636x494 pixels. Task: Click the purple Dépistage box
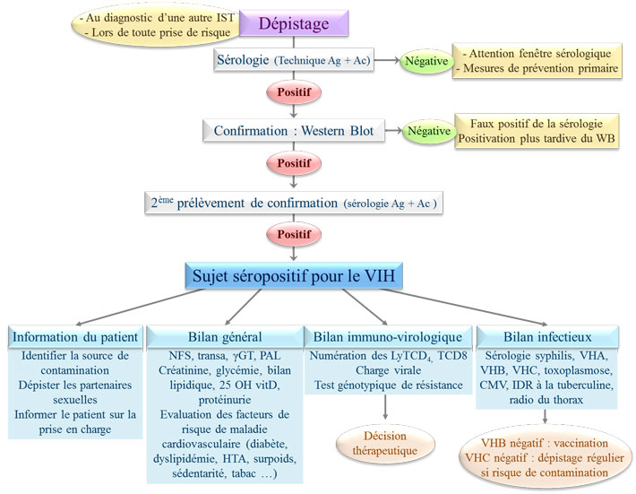[x=295, y=22]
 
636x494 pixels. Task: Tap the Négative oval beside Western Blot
[x=428, y=131]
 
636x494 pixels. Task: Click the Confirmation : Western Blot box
[x=294, y=131]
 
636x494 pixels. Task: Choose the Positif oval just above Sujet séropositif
[x=294, y=234]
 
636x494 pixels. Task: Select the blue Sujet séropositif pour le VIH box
[x=295, y=275]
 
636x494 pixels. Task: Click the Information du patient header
[x=75, y=337]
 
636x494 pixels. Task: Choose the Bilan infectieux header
[x=547, y=337]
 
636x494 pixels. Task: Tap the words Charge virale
[x=385, y=370]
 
